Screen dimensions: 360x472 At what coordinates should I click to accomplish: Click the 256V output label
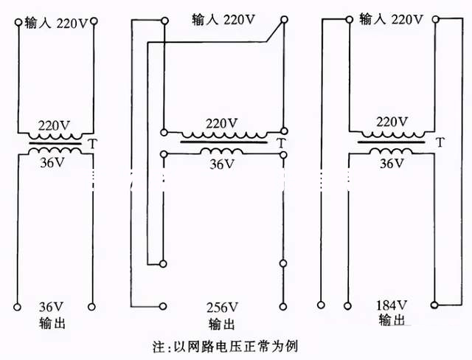click(x=223, y=307)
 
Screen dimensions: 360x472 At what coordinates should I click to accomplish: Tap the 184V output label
click(x=392, y=304)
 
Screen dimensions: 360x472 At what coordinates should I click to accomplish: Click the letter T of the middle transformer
click(x=281, y=143)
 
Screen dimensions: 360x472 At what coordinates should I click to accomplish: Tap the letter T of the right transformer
click(x=440, y=142)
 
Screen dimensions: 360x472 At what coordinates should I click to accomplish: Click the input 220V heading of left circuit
click(x=56, y=23)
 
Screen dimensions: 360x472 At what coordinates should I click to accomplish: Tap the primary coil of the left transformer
click(x=55, y=136)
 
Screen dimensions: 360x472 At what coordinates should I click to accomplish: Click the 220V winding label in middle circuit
click(x=222, y=122)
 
